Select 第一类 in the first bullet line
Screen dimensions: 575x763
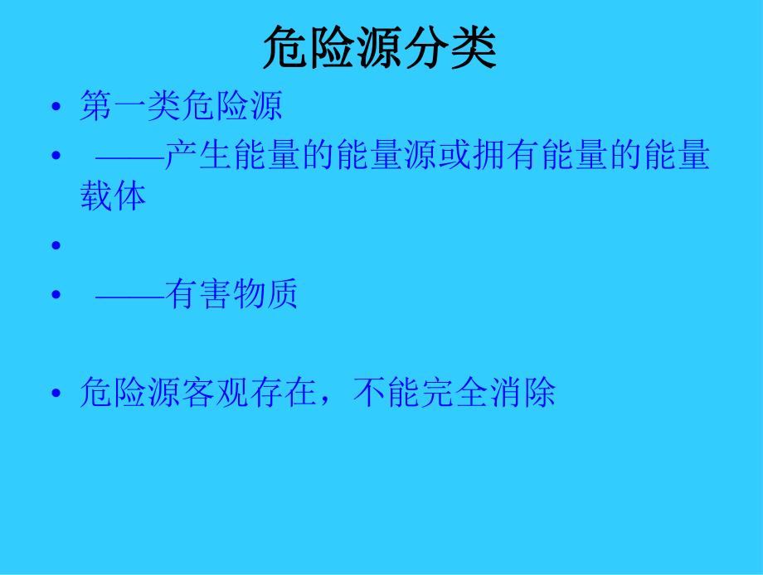pos(130,107)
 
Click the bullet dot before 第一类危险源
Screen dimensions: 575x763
pos(56,108)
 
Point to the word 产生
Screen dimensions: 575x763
pos(198,156)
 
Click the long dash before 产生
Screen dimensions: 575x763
pos(129,156)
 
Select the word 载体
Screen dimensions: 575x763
pos(114,196)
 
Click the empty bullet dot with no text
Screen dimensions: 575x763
pos(56,245)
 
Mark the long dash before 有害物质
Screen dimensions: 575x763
pos(129,294)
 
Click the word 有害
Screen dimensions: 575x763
pos(198,294)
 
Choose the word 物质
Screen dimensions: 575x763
pos(266,294)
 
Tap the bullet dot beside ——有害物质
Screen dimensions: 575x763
pos(56,295)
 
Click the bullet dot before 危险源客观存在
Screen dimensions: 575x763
pos(56,393)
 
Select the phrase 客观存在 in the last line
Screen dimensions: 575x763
pos(250,392)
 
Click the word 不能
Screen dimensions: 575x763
pos(386,392)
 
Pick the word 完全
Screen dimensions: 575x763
pos(454,392)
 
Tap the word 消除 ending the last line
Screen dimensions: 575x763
pos(522,392)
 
